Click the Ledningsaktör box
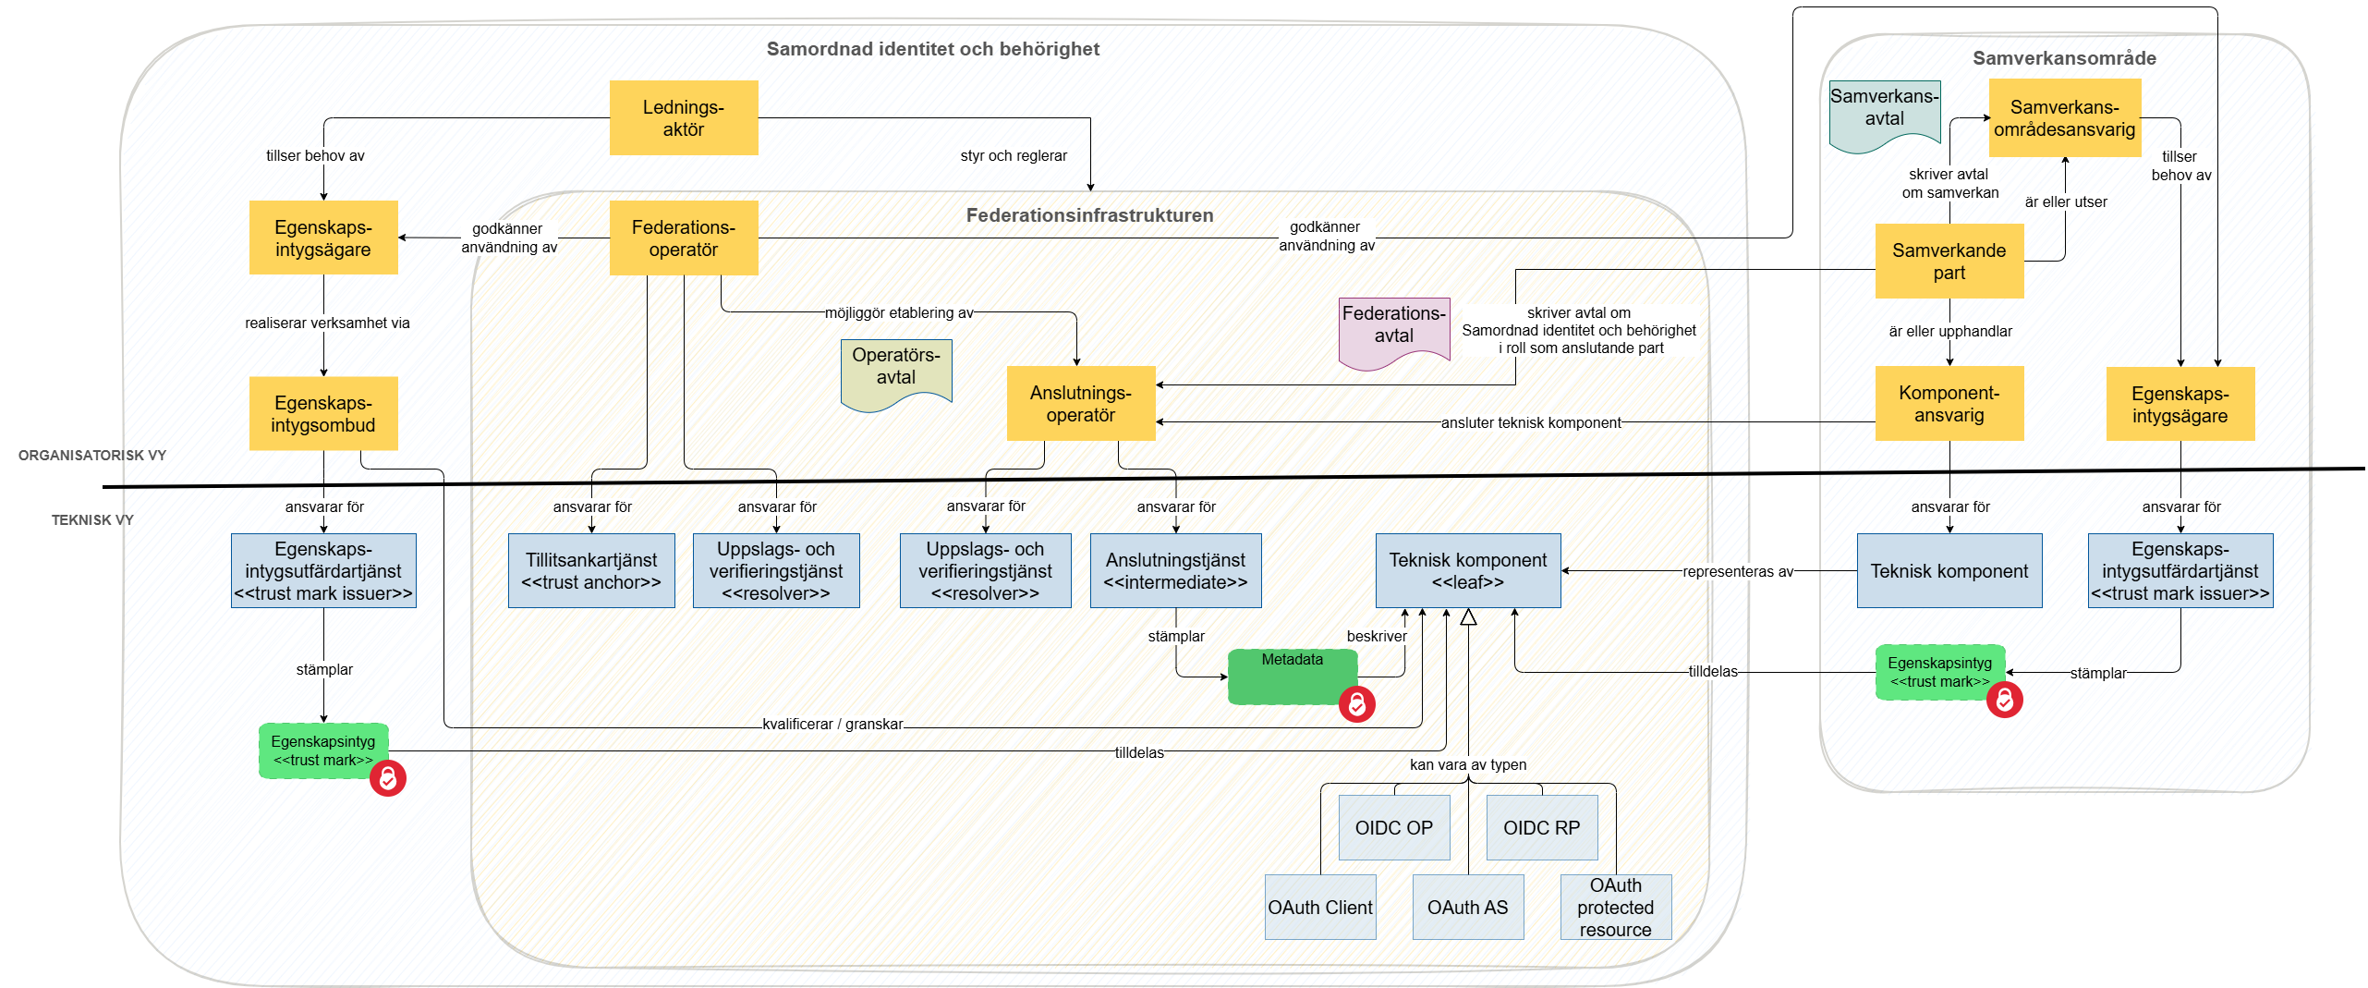point(683,117)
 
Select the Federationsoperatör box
point(683,238)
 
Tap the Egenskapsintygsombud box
point(322,413)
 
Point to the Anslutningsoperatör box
point(1080,404)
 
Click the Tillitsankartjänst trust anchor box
point(591,570)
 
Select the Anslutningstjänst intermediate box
point(1175,570)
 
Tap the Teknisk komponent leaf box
point(1467,570)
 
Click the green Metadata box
point(1292,676)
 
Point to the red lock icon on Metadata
point(1356,704)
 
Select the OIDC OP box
point(1393,827)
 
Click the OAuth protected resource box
point(1615,907)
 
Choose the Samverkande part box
point(1949,261)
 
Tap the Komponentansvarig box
point(1949,404)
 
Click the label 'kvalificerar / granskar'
point(832,724)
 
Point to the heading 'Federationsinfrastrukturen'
point(1089,215)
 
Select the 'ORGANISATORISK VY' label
point(92,455)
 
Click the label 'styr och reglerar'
point(1013,155)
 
